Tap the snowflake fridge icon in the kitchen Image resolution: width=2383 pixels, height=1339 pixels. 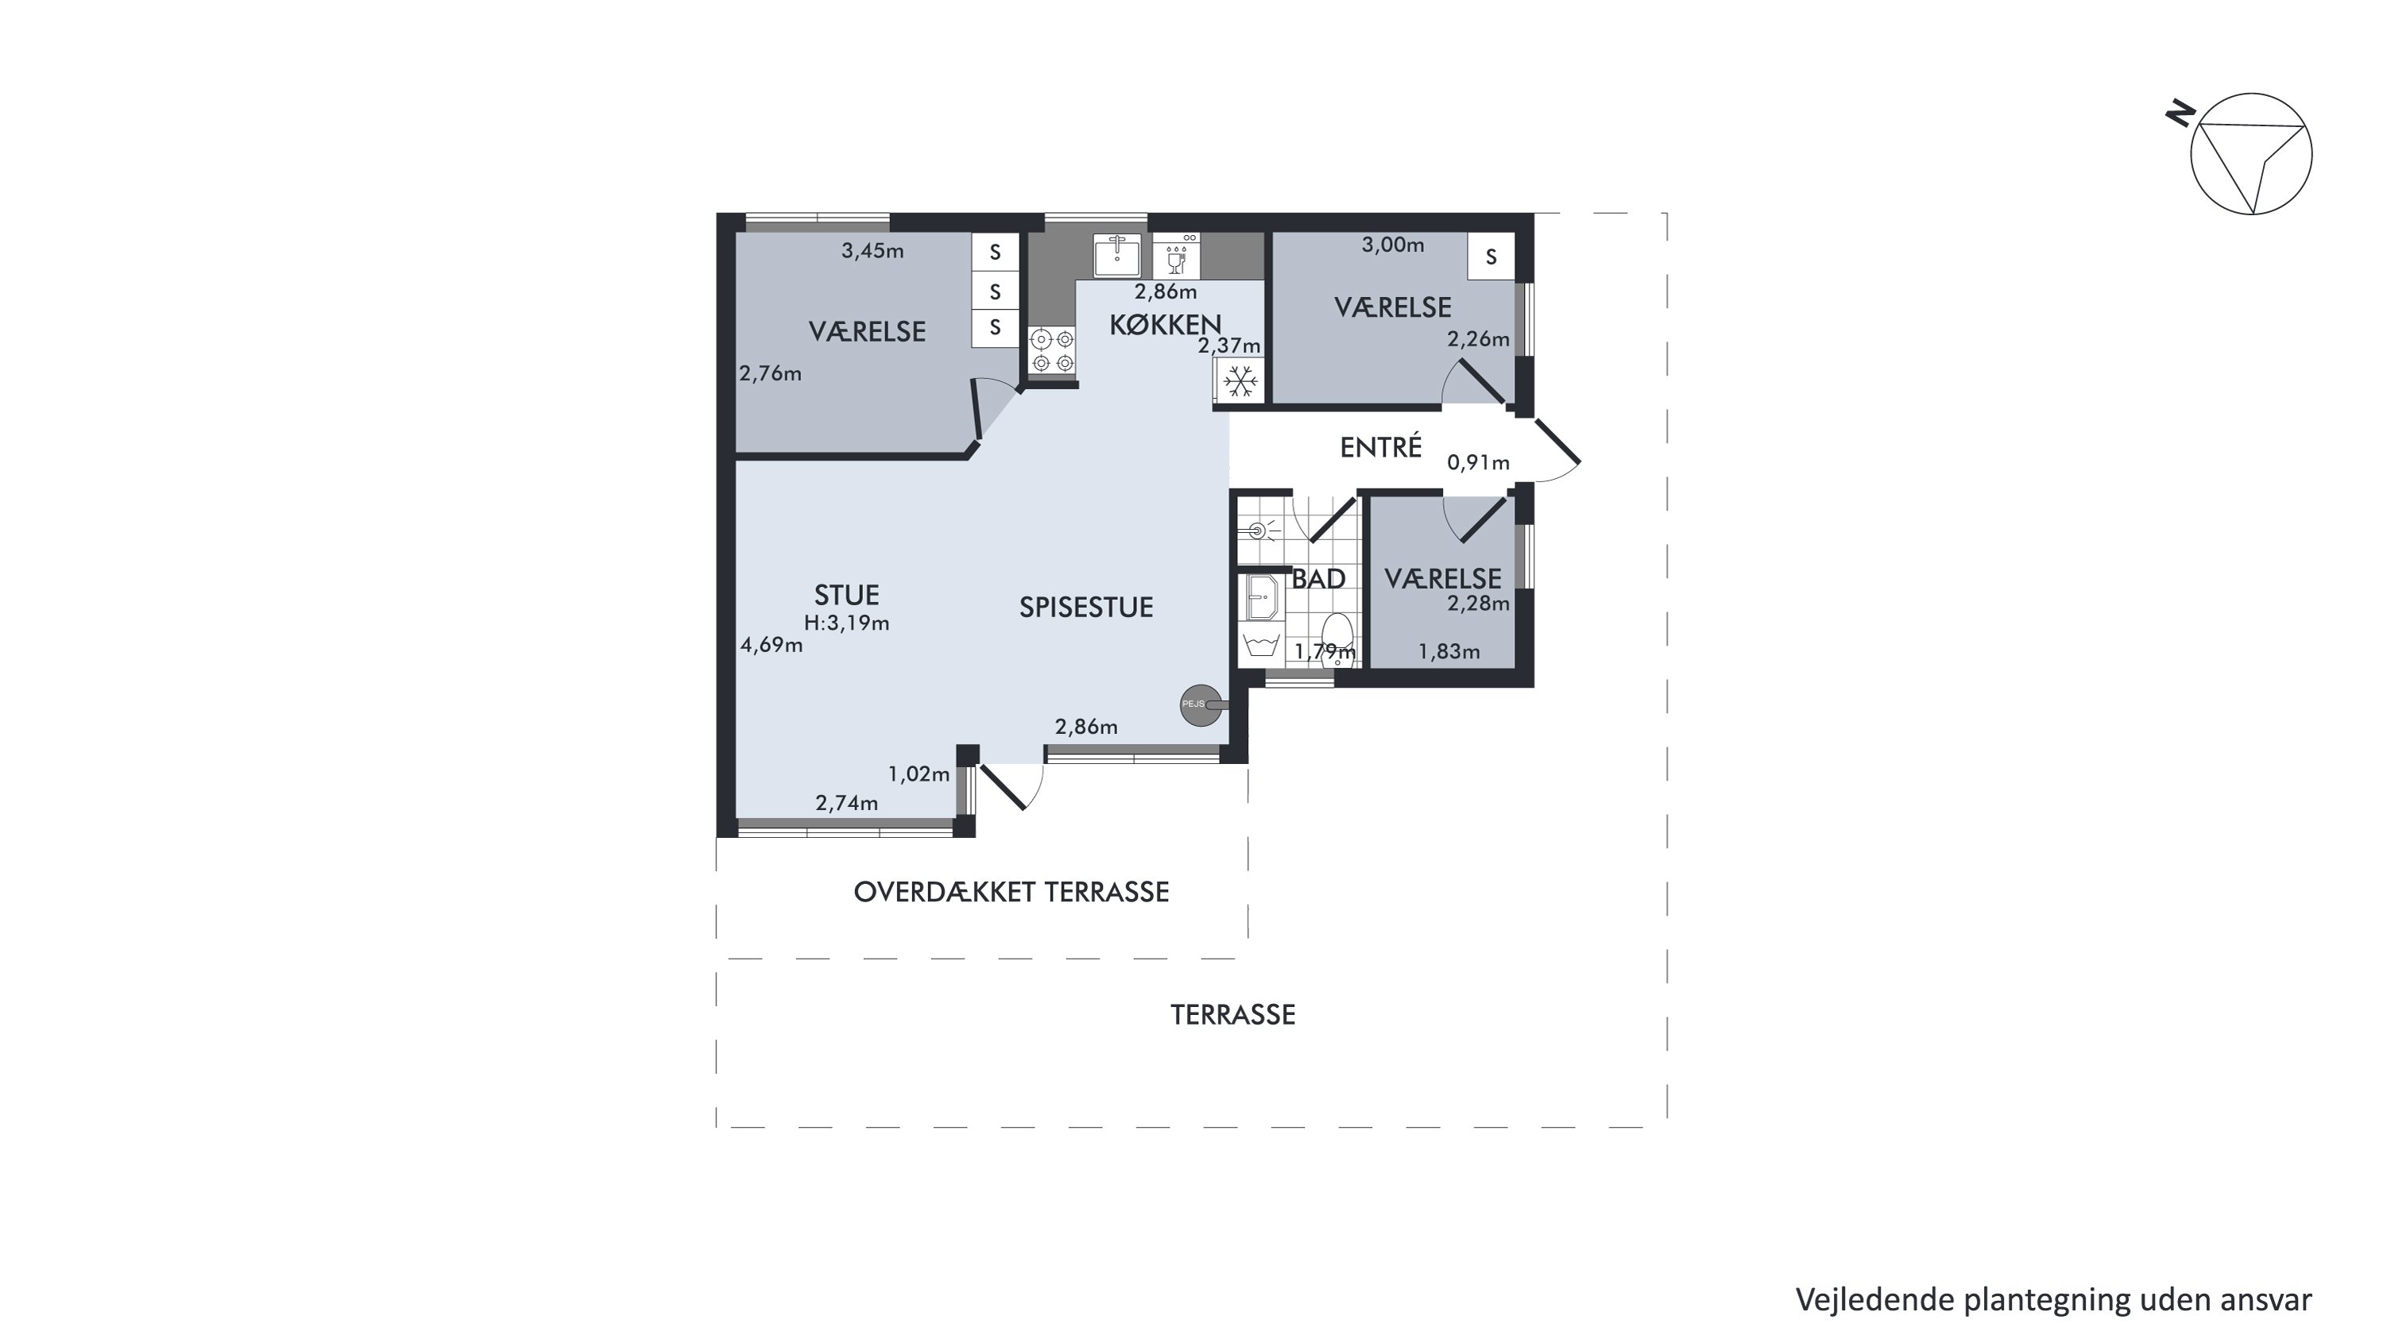[1240, 381]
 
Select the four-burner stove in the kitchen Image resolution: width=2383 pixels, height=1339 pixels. [1053, 350]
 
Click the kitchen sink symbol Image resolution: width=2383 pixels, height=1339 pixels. [1116, 255]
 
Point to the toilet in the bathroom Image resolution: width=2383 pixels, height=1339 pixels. [1337, 637]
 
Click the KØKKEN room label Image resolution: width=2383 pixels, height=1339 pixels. [1165, 325]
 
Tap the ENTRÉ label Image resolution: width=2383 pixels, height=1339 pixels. [1380, 448]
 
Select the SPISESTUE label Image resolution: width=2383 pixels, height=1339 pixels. [1086, 608]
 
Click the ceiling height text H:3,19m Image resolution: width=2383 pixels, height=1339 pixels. [846, 623]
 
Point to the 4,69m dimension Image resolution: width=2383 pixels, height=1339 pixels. [772, 646]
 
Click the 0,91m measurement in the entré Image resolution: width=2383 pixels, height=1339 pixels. [1478, 462]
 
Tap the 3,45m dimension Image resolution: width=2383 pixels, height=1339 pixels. [872, 251]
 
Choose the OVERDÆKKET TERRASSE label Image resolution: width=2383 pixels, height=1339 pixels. [1011, 893]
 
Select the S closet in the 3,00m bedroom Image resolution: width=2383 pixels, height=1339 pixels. [1491, 257]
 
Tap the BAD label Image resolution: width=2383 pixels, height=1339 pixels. [1318, 580]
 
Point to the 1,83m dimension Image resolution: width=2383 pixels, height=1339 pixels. [1449, 652]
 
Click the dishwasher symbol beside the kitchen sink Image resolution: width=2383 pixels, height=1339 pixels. [1176, 255]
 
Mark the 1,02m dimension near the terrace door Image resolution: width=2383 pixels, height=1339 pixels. [919, 774]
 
